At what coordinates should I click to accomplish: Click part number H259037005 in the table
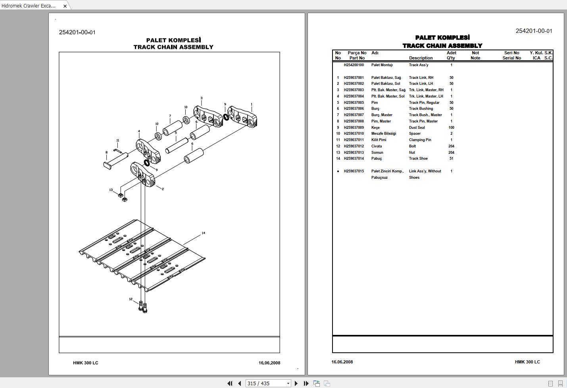tap(354, 103)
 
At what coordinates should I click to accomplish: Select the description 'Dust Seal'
tap(417, 128)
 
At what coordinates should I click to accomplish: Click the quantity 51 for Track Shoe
tap(451, 159)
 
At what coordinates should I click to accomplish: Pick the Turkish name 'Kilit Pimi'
tap(379, 140)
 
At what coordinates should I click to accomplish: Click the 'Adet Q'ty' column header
tap(451, 55)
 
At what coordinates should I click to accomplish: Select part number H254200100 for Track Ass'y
tap(354, 65)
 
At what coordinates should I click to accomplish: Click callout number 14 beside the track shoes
tap(203, 233)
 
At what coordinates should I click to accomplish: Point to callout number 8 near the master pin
tap(106, 153)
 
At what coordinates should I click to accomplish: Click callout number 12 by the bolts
tap(131, 299)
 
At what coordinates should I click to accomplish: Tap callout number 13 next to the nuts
tap(111, 190)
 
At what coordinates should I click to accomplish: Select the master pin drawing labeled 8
tap(115, 160)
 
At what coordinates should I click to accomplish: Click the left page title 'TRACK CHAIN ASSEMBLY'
tap(173, 47)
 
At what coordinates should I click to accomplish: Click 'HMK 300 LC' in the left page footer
tap(85, 363)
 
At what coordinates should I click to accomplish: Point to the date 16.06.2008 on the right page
tap(342, 362)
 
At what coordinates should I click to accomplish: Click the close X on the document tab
tap(65, 6)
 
